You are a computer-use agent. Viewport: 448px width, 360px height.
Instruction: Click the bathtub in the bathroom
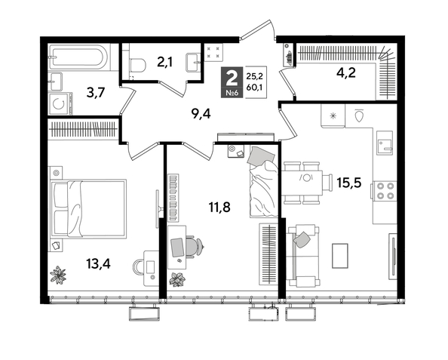pos(79,57)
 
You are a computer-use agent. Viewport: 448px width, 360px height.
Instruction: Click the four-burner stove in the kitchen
pos(385,189)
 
